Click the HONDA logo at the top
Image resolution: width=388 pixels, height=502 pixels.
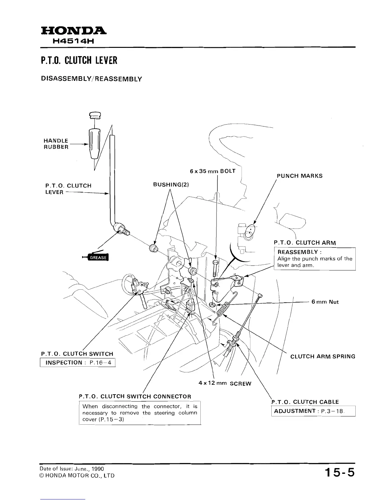(73, 31)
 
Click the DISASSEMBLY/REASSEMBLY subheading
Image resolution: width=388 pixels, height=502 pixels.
(91, 79)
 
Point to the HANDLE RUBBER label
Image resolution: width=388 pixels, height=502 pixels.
(56, 144)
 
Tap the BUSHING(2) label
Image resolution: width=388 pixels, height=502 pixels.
(171, 184)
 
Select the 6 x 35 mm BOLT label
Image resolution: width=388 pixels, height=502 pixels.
(212, 171)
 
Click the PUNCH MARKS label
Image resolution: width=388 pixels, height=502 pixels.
(300, 176)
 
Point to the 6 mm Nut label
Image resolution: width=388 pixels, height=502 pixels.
(325, 302)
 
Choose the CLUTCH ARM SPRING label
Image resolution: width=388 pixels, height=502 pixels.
(323, 357)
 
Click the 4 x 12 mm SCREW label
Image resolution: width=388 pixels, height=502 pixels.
(225, 383)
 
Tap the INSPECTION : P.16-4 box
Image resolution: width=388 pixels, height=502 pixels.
(78, 362)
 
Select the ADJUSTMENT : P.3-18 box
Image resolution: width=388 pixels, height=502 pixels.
(313, 411)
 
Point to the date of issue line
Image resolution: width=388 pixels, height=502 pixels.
(72, 469)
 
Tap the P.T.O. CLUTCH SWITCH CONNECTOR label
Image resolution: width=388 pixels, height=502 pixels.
(135, 396)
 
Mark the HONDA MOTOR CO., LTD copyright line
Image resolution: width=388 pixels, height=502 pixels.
(77, 476)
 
